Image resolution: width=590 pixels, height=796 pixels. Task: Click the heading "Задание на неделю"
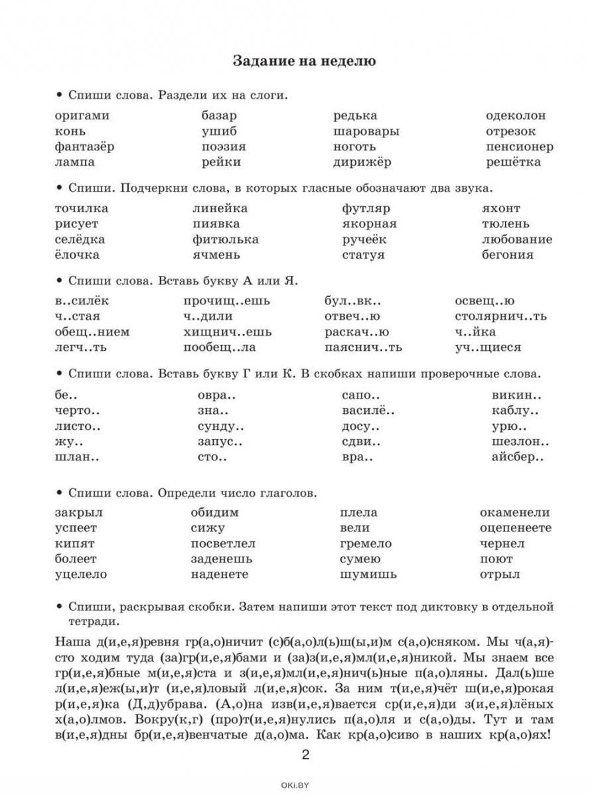click(305, 62)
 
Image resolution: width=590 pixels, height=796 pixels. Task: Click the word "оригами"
click(82, 116)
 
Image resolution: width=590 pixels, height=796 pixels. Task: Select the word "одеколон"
click(516, 115)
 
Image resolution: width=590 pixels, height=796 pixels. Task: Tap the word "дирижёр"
click(362, 163)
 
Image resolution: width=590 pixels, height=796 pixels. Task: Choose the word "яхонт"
click(502, 208)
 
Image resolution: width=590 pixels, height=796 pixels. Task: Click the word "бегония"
click(508, 255)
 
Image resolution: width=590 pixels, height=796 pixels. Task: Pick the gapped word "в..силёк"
click(82, 301)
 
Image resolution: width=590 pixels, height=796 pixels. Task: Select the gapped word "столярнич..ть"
click(501, 316)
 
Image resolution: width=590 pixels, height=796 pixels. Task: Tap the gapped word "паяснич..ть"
click(364, 348)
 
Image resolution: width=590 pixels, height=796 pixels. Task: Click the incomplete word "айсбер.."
click(518, 458)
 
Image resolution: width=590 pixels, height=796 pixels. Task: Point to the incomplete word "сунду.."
click(222, 427)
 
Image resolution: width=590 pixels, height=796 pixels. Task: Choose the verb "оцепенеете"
click(516, 529)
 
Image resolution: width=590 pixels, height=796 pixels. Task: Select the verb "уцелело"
click(81, 575)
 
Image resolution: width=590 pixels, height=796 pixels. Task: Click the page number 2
click(306, 755)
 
